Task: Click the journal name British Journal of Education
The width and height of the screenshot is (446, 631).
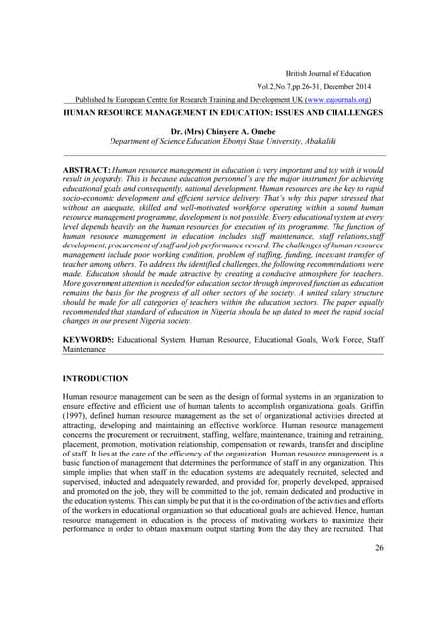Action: (330, 73)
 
